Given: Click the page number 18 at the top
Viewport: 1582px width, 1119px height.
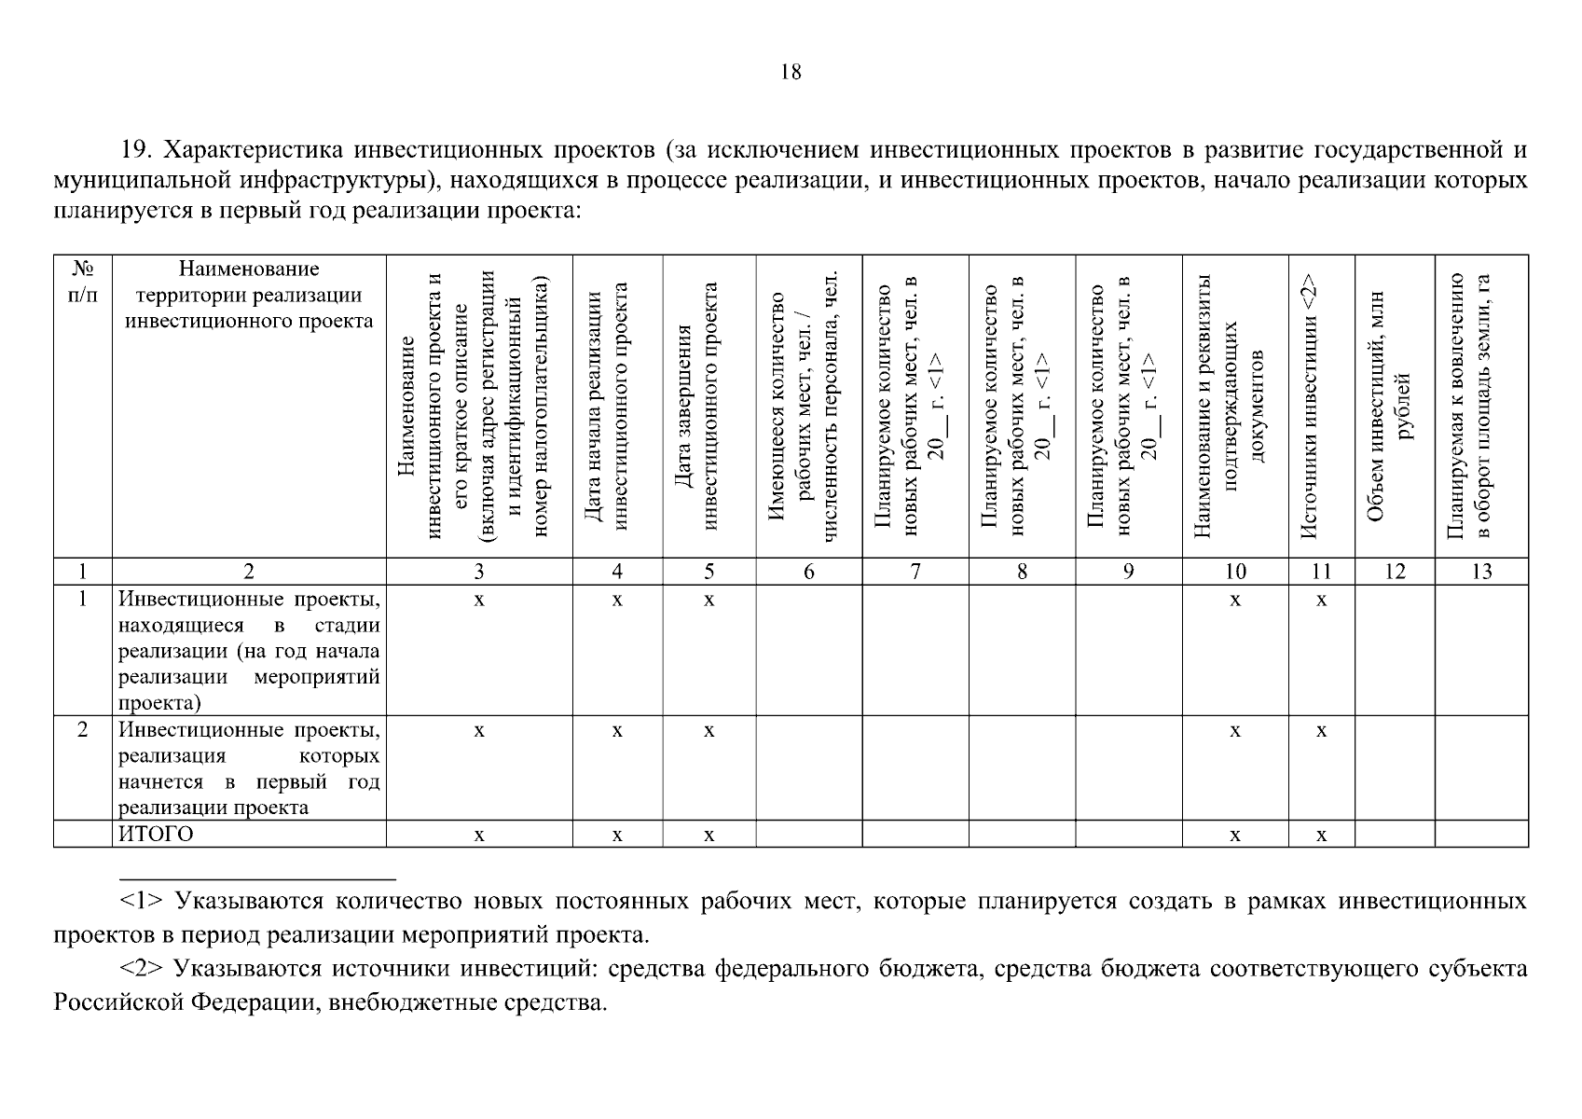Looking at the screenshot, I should coord(790,72).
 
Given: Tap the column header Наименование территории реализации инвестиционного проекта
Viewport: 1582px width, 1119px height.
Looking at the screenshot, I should coord(249,295).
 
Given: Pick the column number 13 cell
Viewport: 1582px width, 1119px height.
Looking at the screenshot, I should coord(1481,572).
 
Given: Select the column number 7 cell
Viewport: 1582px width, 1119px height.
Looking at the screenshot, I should coord(915,572).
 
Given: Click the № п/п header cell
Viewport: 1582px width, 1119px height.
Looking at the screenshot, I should coord(83,282).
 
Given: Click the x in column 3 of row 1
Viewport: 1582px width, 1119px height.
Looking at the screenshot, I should coord(479,601).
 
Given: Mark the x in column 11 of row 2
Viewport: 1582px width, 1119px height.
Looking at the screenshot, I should coord(1321,731).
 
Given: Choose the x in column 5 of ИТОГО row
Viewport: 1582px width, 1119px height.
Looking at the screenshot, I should coord(708,836).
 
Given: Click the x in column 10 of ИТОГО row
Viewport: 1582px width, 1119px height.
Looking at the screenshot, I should coord(1234,836).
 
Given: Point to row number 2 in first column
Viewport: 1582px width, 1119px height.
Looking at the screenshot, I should coord(83,730).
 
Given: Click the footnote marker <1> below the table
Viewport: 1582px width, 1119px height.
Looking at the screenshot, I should coord(142,902).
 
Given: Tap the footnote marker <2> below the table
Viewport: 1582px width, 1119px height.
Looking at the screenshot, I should coord(142,969).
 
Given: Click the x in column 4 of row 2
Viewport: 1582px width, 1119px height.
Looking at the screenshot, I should coord(617,731).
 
